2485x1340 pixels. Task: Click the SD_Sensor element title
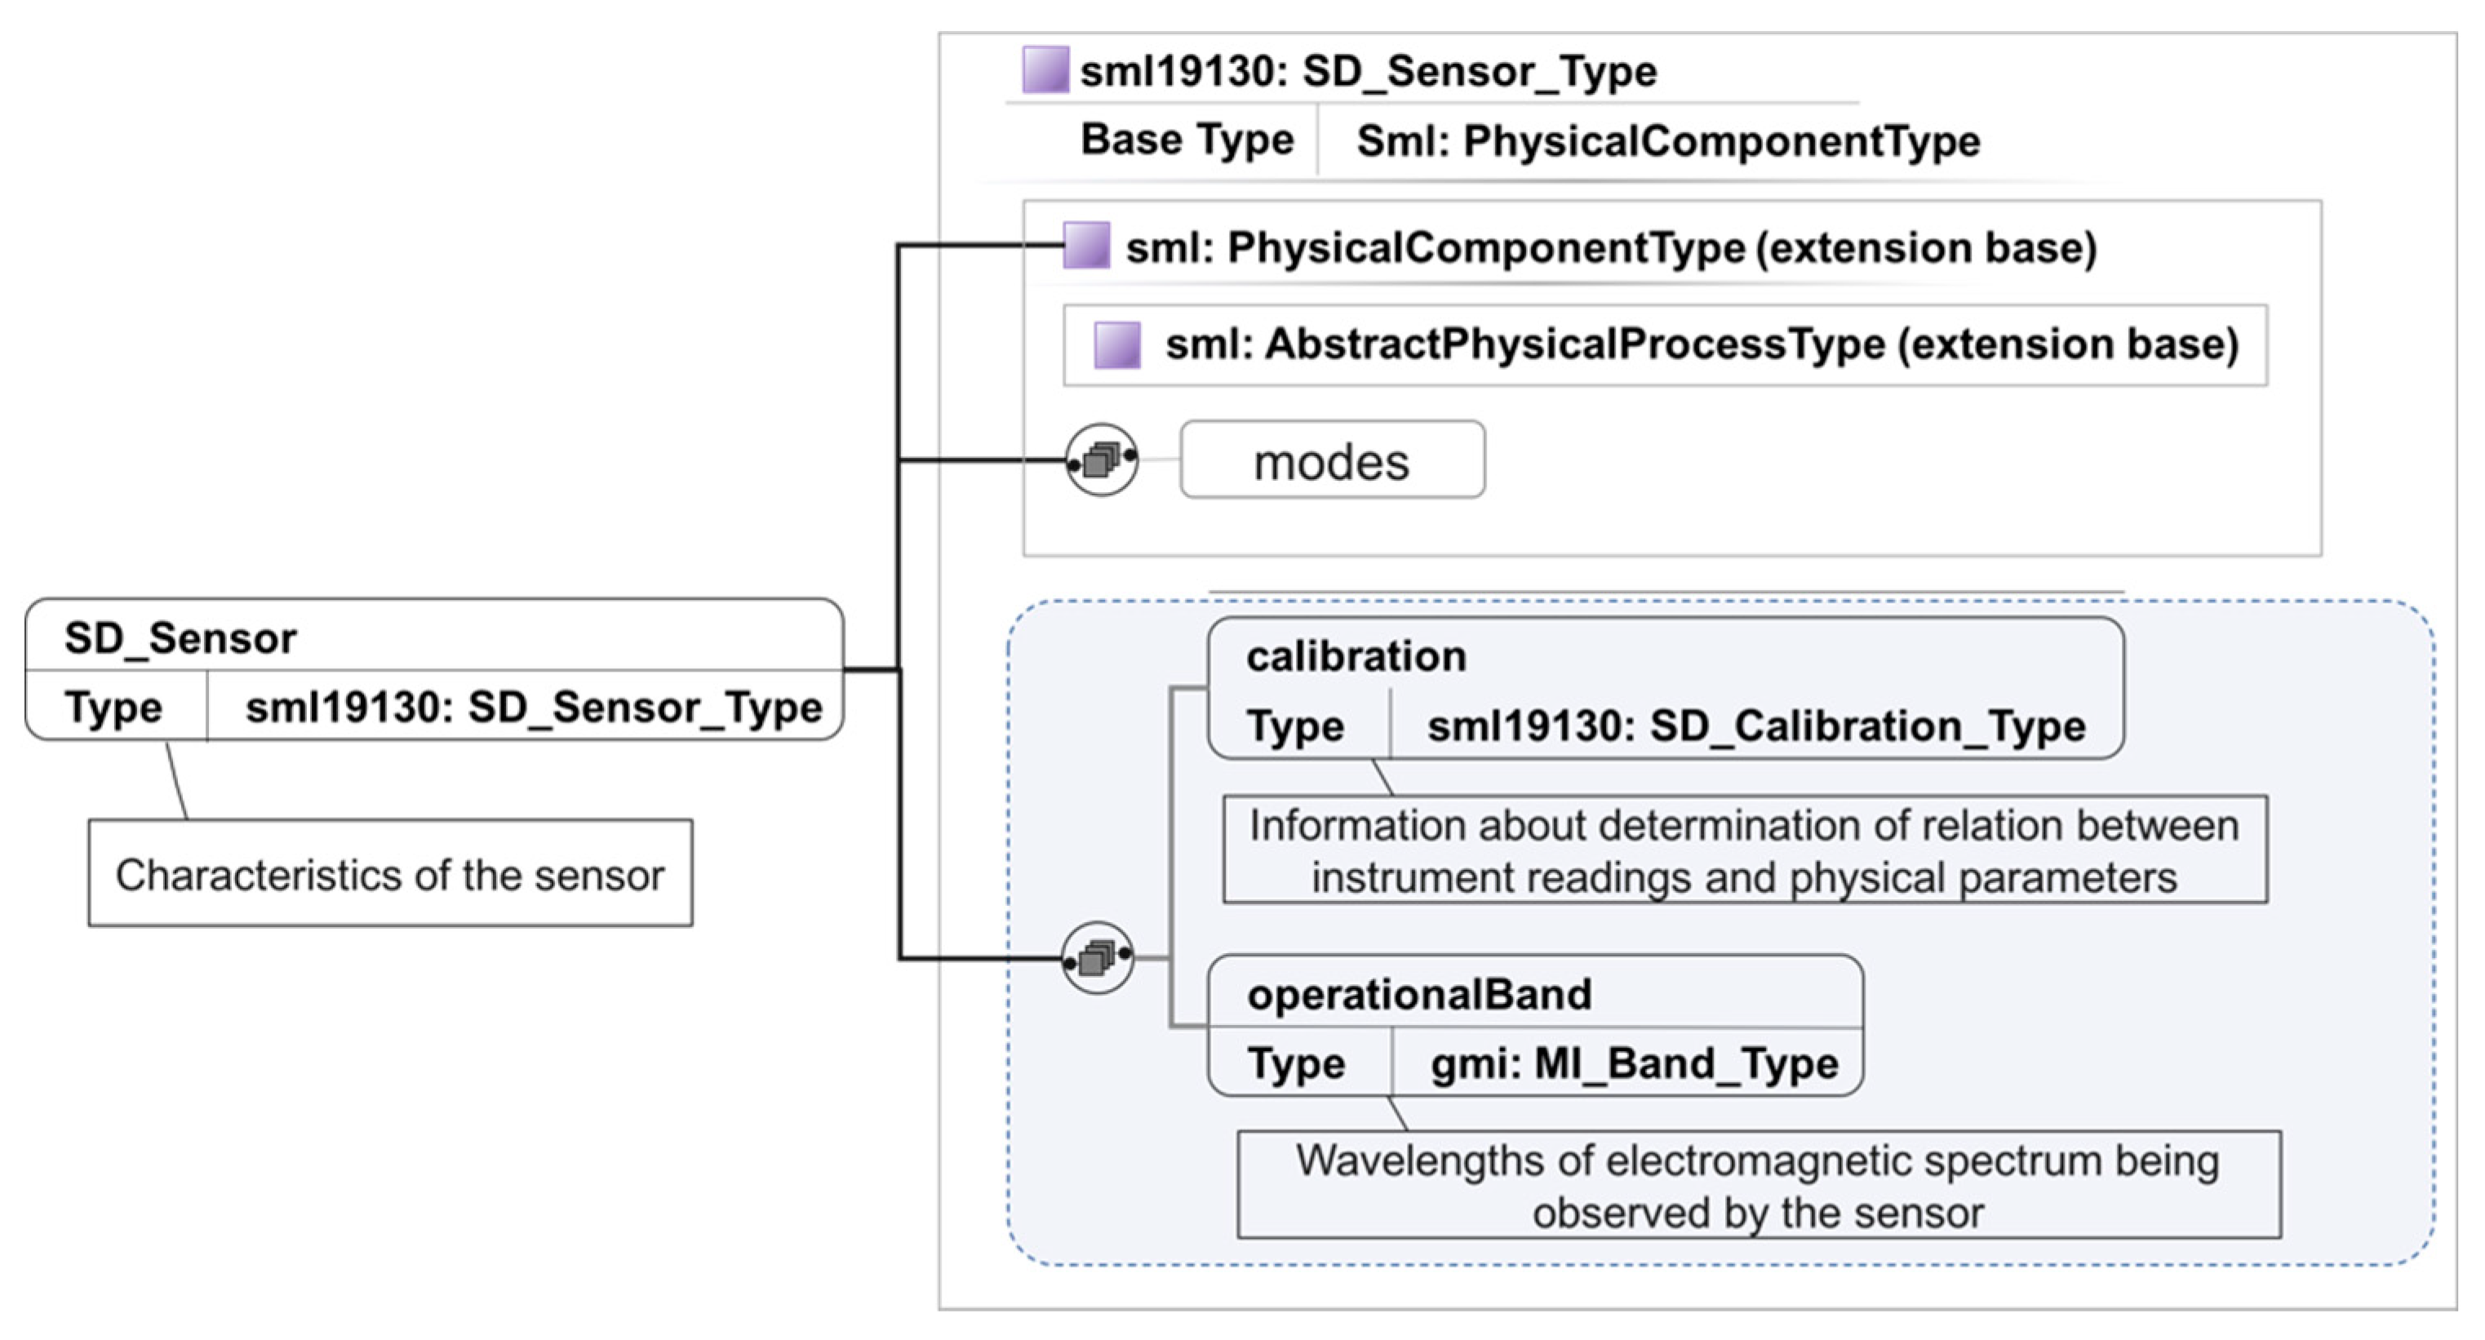tap(180, 637)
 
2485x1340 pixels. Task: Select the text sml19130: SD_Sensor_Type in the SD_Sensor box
tap(534, 708)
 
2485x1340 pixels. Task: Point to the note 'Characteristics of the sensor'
tap(390, 874)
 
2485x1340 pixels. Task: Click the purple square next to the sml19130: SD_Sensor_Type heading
tap(1045, 70)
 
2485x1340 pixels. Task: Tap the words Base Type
tap(1187, 140)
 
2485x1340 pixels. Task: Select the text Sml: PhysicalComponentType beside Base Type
tap(1668, 141)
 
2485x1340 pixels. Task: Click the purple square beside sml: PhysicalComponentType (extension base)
tap(1086, 245)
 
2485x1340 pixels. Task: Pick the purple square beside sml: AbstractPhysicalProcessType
tap(1117, 344)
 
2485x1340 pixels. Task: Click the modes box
tap(1331, 460)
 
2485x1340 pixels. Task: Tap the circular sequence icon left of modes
tap(1102, 459)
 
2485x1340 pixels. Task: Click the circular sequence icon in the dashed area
tap(1098, 957)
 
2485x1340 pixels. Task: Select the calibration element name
tap(1356, 656)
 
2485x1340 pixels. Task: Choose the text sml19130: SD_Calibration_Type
tap(1755, 725)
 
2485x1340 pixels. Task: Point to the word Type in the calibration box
tap(1294, 725)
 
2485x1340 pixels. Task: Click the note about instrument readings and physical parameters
tap(1744, 850)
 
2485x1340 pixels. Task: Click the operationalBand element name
tap(1419, 994)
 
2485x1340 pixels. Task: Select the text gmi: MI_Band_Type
tap(1634, 1063)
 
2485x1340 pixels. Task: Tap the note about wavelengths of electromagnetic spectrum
tap(1758, 1185)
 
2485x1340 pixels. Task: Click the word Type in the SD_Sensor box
tap(113, 708)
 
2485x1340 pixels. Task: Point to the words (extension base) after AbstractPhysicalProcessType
tap(2067, 344)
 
